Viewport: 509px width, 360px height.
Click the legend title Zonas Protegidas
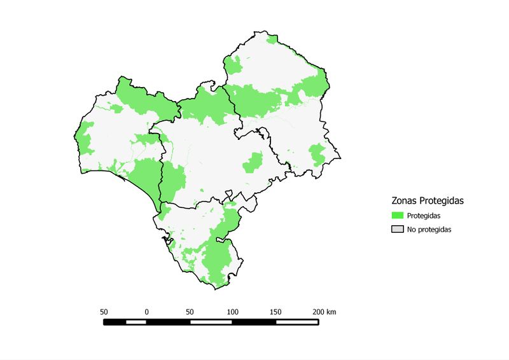(427, 200)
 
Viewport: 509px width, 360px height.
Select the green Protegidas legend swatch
(398, 216)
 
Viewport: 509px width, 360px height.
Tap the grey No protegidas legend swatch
(398, 229)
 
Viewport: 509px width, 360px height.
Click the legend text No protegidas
(429, 230)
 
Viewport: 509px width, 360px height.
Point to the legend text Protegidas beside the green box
(424, 216)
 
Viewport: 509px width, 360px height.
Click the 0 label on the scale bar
(147, 312)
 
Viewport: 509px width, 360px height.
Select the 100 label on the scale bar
(233, 312)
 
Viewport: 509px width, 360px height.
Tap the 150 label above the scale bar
(275, 312)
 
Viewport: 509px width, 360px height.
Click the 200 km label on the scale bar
(324, 312)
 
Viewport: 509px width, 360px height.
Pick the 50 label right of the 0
(190, 312)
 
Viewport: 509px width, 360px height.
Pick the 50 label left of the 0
(104, 312)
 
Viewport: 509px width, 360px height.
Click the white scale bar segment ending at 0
(136, 322)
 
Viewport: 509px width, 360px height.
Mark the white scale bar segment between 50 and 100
(211, 322)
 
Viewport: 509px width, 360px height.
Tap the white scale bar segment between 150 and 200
(297, 322)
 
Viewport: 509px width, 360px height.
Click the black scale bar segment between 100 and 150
(254, 322)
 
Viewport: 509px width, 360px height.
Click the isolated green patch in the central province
(253, 163)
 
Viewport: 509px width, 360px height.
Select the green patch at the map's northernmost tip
(273, 39)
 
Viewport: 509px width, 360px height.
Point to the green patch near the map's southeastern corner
(317, 154)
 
